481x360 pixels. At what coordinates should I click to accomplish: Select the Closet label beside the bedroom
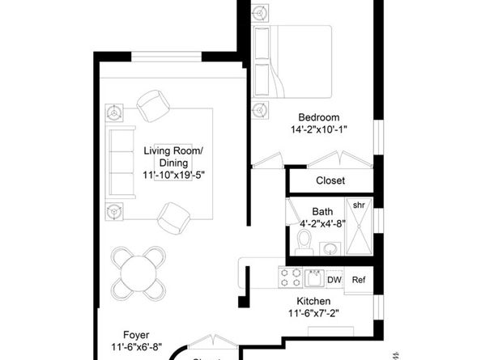pos(330,180)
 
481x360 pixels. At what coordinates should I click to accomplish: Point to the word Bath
pos(322,214)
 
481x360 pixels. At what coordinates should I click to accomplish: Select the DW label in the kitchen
pos(334,280)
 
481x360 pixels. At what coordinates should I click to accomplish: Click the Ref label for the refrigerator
pos(359,280)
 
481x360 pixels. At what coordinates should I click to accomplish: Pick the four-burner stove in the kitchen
pos(289,279)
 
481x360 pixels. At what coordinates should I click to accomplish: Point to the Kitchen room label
pos(313,301)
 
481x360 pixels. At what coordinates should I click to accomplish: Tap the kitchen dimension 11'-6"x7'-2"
pos(313,314)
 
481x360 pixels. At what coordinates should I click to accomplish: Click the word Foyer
pos(135,334)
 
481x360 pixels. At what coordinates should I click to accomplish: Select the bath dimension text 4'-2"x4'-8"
pos(322,227)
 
